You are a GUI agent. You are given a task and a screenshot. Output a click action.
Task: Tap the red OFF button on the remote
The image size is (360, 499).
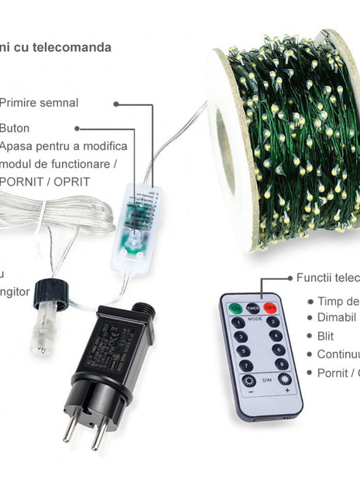tap(269, 307)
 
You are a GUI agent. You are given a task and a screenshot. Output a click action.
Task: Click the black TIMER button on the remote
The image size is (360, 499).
tap(253, 307)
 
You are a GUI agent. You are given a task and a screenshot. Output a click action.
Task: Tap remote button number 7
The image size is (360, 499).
tap(245, 365)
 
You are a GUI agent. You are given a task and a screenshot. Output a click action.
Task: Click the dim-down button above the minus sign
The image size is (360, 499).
tap(249, 381)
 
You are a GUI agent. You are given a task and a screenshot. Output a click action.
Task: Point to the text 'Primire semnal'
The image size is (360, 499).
tap(39, 102)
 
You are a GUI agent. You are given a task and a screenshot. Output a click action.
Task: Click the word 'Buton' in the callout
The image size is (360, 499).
tap(15, 128)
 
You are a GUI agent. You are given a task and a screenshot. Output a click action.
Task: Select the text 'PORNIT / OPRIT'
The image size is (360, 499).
tap(45, 182)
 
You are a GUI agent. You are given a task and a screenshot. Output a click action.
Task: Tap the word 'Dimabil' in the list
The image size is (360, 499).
tap(337, 317)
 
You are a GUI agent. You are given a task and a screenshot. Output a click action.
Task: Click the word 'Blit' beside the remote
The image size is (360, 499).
tap(325, 336)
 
